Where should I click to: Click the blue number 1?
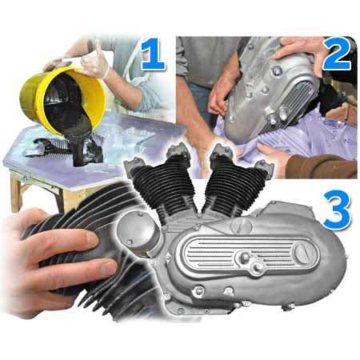pyautogui.click(x=154, y=54)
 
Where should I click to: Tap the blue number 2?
pyautogui.click(x=337, y=54)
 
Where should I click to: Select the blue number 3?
pyautogui.click(x=337, y=210)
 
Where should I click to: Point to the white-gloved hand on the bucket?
pyautogui.click(x=94, y=64)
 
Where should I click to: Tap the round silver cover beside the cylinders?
pyautogui.click(x=136, y=233)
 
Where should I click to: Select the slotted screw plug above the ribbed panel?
pyautogui.click(x=242, y=226)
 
